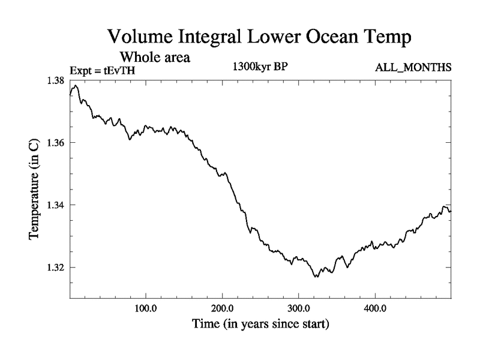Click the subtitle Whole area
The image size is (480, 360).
(155, 58)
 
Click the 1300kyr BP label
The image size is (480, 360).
(260, 67)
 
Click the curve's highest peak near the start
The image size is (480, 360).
(76, 85)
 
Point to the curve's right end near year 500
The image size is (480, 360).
(450, 211)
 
